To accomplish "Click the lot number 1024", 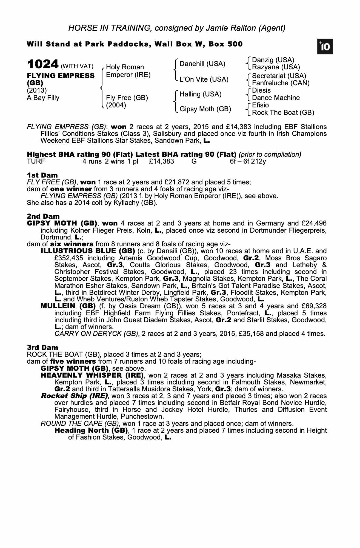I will pyautogui.click(x=43, y=64).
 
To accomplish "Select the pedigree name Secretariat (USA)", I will pyautogui.click(x=279, y=76).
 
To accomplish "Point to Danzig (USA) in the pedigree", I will pyautogui.click(x=273, y=60).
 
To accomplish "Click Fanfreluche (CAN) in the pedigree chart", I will pyautogui.click(x=281, y=83).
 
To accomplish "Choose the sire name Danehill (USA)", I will pyautogui.click(x=202, y=64).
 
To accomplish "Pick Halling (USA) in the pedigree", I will pyautogui.click(x=200, y=94).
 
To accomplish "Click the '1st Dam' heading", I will pyautogui.click(x=42, y=175).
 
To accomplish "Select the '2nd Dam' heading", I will pyautogui.click(x=43, y=216).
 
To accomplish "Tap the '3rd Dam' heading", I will pyautogui.click(x=42, y=347).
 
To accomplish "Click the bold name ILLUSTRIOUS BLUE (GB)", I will pyautogui.click(x=88, y=251).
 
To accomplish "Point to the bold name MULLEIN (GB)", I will pyautogui.click(x=68, y=306).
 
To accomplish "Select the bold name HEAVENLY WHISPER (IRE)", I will pyautogui.click(x=92, y=375).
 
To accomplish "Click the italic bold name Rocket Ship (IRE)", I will pyautogui.click(x=74, y=396).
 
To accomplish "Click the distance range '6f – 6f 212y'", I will pyautogui.click(x=248, y=161).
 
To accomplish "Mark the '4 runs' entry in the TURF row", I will pyautogui.click(x=92, y=161).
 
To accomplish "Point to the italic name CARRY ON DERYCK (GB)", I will pyautogui.click(x=96, y=334).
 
